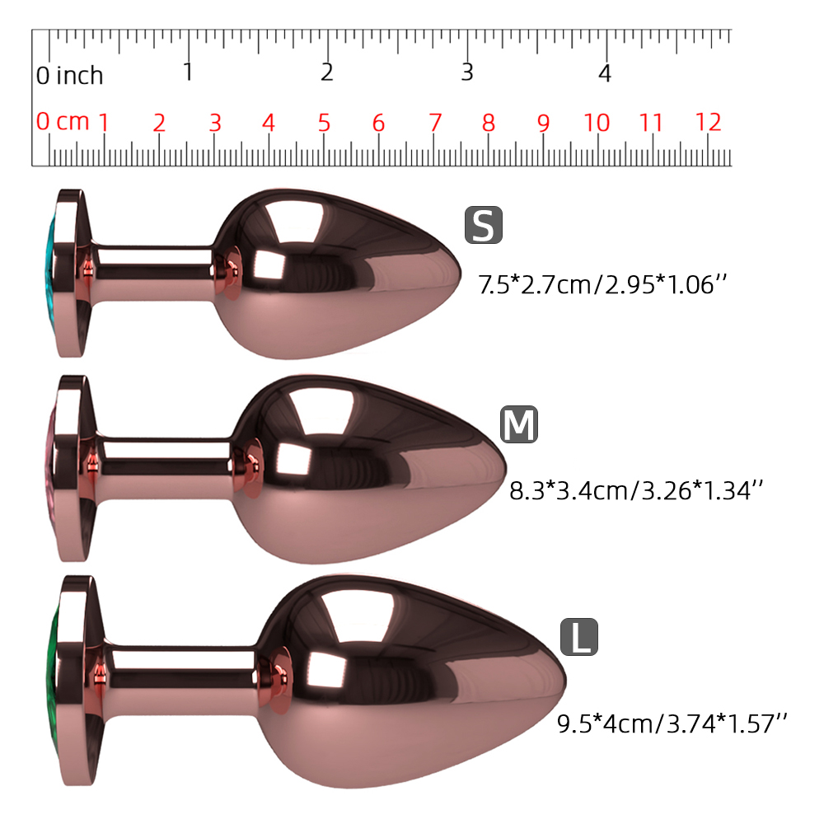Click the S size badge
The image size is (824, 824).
coord(484,225)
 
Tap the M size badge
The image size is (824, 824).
coord(518,424)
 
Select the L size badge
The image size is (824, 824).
coord(579,637)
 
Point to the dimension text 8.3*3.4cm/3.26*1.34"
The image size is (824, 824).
coord(636,491)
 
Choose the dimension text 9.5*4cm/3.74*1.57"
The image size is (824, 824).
coord(672,724)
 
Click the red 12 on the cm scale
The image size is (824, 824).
coord(708,123)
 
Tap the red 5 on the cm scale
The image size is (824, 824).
coord(324,123)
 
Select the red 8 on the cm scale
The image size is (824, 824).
coord(488,123)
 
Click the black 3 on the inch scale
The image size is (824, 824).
coord(467,72)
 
